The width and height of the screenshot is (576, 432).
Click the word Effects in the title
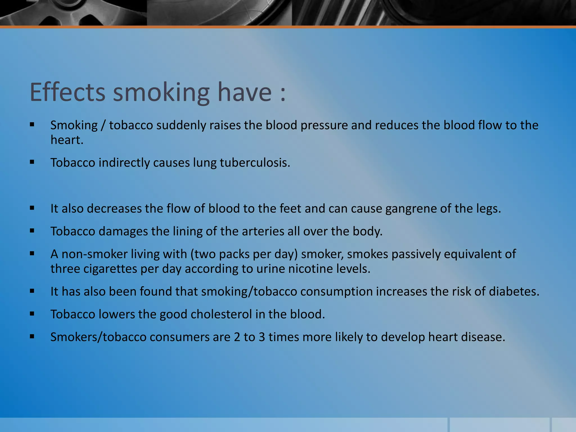click(x=67, y=92)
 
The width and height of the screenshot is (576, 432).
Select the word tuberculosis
click(x=255, y=163)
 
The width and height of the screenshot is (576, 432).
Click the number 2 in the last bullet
click(x=237, y=337)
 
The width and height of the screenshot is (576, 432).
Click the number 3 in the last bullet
click(x=262, y=337)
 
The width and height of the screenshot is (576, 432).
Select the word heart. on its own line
click(x=67, y=140)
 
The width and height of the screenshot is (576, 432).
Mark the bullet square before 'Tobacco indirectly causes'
click(x=32, y=162)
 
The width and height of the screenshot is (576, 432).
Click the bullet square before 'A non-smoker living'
click(x=32, y=253)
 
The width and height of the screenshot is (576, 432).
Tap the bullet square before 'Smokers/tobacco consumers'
click(x=32, y=336)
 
